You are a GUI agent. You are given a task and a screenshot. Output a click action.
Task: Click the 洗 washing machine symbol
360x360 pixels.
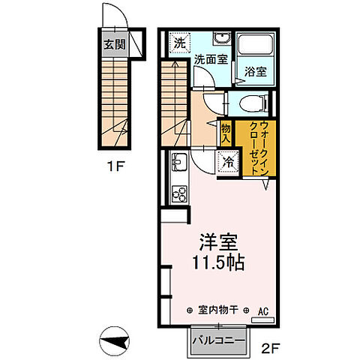[x=179, y=43]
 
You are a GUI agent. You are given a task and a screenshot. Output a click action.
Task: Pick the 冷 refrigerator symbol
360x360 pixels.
[x=226, y=160]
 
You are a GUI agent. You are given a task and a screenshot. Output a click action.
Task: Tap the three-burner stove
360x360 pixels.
[x=180, y=193]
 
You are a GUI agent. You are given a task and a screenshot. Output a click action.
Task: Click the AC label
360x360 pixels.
[x=263, y=308]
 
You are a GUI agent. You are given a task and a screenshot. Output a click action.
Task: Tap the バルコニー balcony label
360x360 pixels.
[x=218, y=341]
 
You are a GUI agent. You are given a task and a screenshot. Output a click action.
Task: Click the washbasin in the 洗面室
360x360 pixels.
[x=220, y=40]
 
